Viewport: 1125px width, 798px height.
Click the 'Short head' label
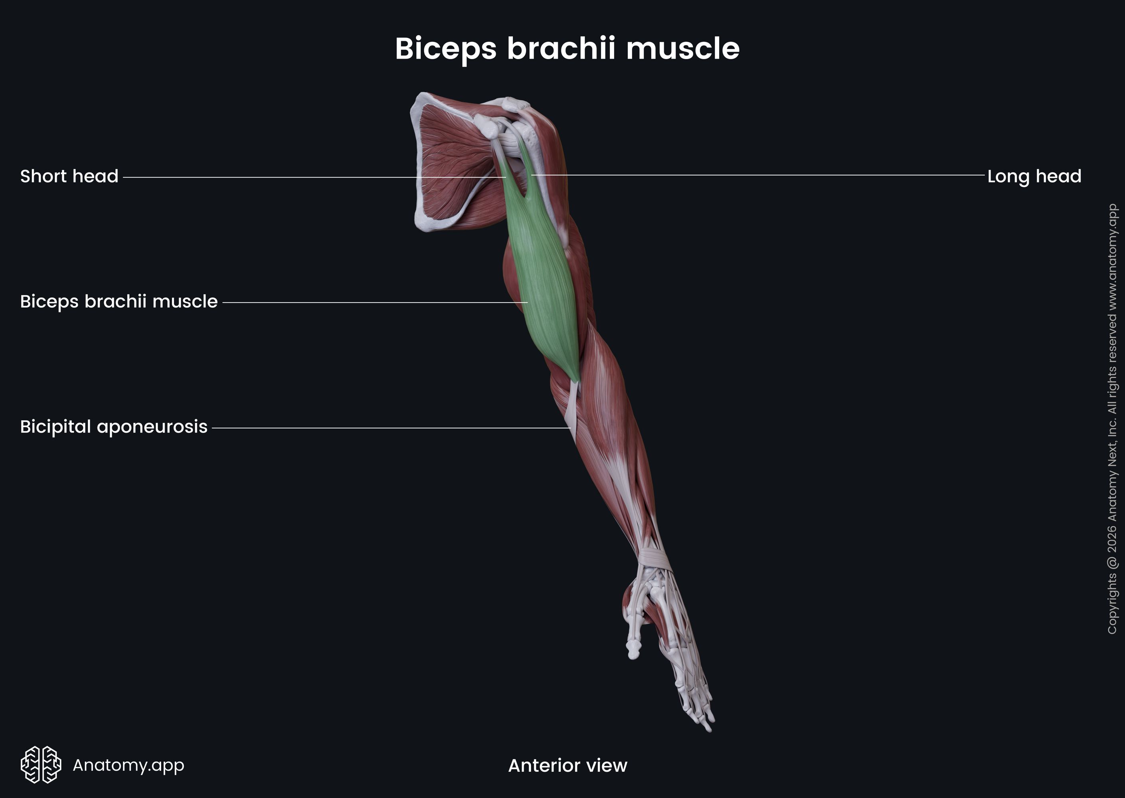click(69, 176)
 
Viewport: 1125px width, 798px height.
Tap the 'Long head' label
click(1034, 176)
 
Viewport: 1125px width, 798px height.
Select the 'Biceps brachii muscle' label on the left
click(119, 302)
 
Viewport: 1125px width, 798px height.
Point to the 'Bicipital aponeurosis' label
click(113, 427)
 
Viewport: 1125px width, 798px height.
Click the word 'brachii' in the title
click(560, 49)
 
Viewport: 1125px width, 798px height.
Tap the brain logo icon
click(41, 764)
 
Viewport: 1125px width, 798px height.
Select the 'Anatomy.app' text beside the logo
click(128, 765)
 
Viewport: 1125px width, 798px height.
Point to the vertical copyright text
click(1112, 418)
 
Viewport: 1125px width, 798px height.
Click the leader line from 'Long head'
click(757, 174)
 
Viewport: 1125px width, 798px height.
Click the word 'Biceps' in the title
click(445, 49)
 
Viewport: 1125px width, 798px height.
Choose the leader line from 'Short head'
click(314, 177)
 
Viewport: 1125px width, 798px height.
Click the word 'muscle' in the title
click(683, 49)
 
